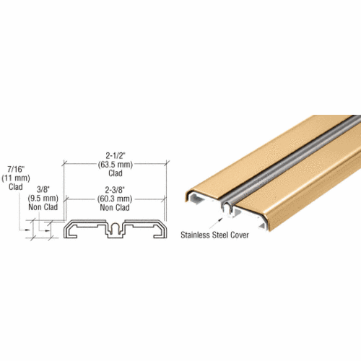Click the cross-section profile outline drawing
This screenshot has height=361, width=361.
click(114, 230)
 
